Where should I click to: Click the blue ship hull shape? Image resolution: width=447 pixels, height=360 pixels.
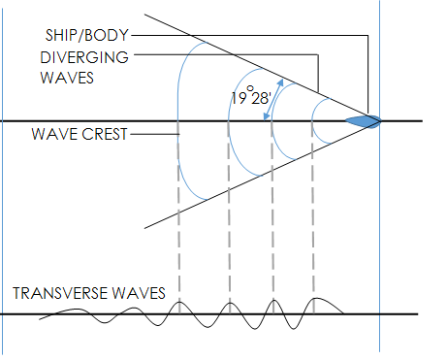coord(363,121)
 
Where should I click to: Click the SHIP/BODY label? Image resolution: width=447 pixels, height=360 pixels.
coord(87,35)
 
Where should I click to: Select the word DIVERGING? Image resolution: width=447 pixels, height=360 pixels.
coord(84,57)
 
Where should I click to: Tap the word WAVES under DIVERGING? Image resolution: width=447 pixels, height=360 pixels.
coord(67,78)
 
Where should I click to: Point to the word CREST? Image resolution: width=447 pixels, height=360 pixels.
coord(105,134)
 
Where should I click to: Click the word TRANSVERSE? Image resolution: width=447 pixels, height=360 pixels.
coord(60,293)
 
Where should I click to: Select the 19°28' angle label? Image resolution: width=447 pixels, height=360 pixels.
coord(250,95)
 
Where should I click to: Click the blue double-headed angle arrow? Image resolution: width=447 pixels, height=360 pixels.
coord(273,99)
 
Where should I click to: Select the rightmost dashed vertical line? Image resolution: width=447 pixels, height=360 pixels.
coord(313,216)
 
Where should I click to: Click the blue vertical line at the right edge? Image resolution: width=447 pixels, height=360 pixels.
coord(380,177)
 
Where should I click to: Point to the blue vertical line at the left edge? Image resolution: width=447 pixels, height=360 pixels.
coord(2,181)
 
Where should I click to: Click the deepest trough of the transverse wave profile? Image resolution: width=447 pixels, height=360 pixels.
coord(294,329)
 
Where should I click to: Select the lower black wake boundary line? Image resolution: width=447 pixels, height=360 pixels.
coord(263,175)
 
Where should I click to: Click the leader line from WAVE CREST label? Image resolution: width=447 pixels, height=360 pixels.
coord(155,134)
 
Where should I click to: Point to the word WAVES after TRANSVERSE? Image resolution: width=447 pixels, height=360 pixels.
coord(139,293)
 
